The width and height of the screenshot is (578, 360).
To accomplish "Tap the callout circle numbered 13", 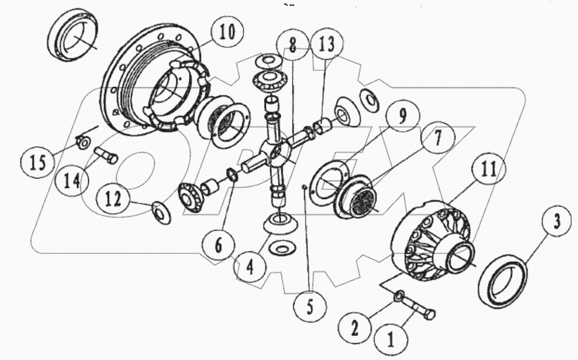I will (327, 45).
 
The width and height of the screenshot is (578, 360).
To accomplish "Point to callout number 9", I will (401, 115).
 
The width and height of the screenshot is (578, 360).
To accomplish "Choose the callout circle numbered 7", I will (436, 140).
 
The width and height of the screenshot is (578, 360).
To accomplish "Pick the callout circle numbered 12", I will (115, 199).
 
